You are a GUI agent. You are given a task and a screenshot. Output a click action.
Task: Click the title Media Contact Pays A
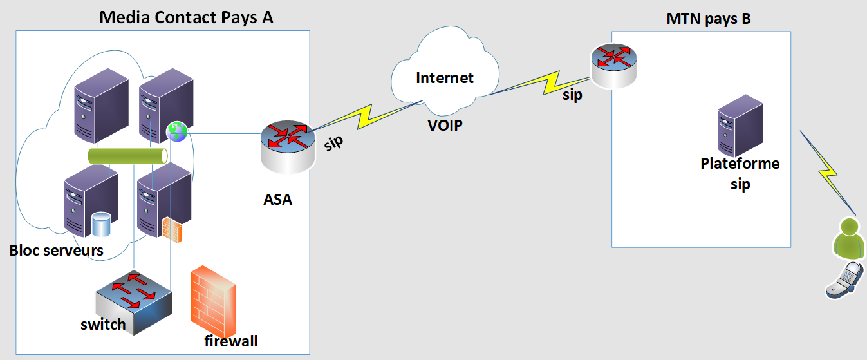186,17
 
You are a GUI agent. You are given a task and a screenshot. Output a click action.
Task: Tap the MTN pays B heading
709,19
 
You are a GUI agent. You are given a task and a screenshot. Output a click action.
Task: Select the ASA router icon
287,147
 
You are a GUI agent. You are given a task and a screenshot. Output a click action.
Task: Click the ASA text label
278,200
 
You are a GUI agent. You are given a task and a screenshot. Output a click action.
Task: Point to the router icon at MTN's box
613,64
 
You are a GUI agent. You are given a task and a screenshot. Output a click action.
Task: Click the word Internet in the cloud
445,78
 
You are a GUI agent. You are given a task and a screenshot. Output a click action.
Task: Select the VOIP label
445,125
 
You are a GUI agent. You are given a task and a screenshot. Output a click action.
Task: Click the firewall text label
231,341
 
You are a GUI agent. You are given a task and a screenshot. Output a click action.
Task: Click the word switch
103,324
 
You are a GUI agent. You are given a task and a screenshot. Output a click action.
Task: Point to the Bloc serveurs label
57,250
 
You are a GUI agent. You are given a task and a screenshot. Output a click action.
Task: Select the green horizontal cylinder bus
127,156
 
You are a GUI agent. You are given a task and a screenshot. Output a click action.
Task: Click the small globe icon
177,131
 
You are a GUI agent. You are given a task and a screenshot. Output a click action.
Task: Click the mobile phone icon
843,279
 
